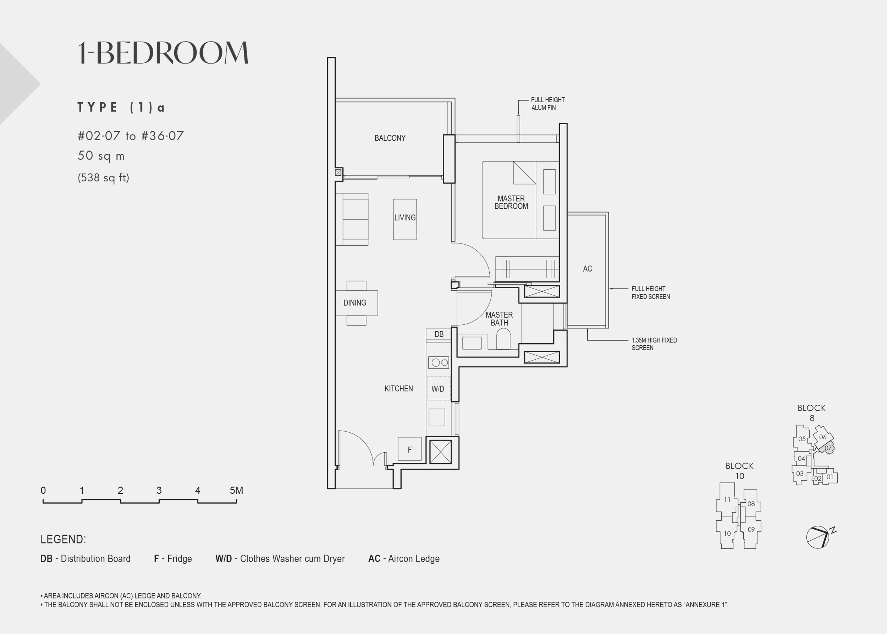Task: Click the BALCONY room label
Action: tap(390, 138)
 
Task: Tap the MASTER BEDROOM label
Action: tap(511, 202)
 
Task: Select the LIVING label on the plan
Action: tap(405, 218)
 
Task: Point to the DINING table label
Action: tap(355, 302)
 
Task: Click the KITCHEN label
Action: tap(398, 388)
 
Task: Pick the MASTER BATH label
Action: tap(499, 318)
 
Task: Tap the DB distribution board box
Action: tap(439, 334)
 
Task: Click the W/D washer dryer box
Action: tap(438, 388)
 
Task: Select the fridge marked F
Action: tap(409, 449)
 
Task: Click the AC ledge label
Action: tap(587, 269)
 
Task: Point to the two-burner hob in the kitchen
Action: tap(439, 363)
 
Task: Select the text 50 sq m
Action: tap(101, 156)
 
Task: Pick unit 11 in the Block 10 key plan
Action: tap(727, 499)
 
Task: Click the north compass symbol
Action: tap(818, 537)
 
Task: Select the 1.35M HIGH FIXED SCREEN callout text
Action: tap(654, 344)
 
